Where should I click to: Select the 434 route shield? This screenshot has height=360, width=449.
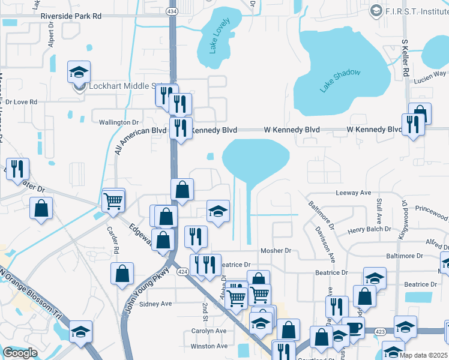(x=172, y=11)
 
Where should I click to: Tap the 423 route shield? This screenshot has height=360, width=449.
(x=379, y=331)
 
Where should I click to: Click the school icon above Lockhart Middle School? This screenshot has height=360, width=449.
(x=79, y=73)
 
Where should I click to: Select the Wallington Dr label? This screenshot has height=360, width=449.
(x=119, y=122)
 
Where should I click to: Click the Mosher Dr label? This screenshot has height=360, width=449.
(x=276, y=251)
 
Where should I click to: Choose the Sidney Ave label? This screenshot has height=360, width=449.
(x=155, y=304)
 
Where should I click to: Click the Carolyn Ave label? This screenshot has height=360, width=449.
(x=208, y=331)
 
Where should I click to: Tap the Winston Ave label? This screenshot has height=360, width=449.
(x=209, y=346)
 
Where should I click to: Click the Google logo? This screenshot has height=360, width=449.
(x=20, y=353)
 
